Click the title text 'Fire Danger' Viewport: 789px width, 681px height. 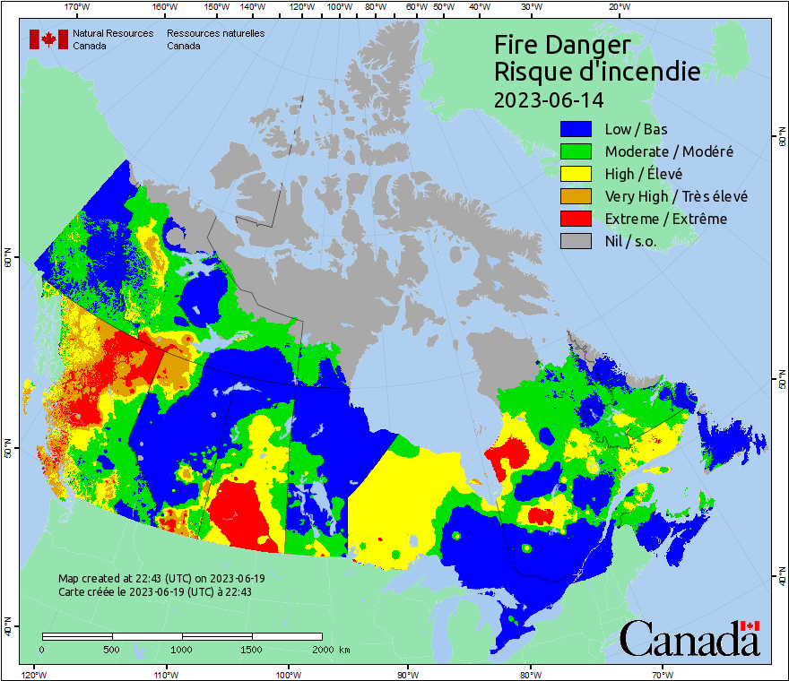click(x=562, y=45)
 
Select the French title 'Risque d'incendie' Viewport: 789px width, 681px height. click(x=597, y=72)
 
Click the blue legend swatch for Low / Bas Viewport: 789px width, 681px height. click(x=577, y=129)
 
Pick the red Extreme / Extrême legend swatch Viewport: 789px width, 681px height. click(x=577, y=219)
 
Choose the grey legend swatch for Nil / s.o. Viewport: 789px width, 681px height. click(x=577, y=241)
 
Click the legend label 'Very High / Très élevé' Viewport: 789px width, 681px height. click(x=676, y=196)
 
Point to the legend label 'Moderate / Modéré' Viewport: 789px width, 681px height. click(x=669, y=151)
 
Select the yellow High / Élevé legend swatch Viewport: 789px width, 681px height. click(x=577, y=174)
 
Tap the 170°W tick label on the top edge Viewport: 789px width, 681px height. click(x=78, y=7)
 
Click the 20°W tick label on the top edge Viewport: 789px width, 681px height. click(x=618, y=7)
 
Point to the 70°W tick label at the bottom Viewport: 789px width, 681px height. click(x=663, y=674)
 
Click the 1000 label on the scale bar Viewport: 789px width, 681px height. click(x=182, y=649)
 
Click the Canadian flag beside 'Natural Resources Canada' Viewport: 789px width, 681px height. click(x=48, y=39)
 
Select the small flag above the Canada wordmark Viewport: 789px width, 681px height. click(x=750, y=625)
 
